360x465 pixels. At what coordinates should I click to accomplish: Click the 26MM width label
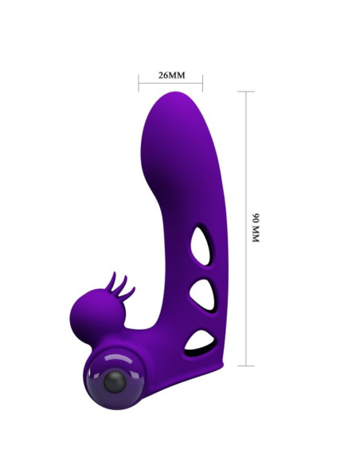170,76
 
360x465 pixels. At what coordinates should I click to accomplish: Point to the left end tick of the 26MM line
139,82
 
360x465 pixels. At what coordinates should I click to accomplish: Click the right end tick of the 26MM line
202,82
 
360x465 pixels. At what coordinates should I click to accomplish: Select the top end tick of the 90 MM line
245,92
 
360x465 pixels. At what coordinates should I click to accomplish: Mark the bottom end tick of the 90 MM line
245,365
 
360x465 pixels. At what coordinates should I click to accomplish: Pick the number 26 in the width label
163,76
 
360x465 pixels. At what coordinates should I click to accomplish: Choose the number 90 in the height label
256,217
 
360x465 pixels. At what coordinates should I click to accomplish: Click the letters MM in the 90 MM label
256,236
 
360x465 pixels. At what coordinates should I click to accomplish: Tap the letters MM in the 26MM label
177,76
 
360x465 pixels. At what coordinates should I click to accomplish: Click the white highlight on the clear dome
106,357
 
